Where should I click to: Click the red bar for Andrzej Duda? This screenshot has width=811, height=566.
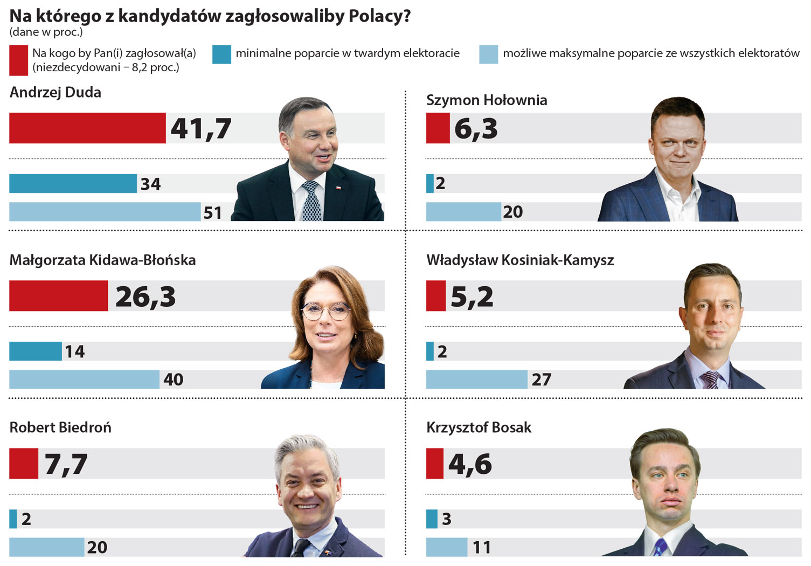87,128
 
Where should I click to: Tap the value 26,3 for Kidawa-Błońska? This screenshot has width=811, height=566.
145,296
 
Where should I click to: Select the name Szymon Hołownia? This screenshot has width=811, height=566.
486,100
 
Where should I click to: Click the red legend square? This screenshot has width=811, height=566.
18,60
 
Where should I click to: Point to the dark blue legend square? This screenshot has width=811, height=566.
221,54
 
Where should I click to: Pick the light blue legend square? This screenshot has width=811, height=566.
488,54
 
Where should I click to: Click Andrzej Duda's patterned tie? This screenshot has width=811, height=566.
311,202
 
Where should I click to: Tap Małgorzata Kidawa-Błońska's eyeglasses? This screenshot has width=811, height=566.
325,311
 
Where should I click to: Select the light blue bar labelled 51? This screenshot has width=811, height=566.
105,212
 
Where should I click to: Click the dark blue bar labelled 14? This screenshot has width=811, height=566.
36,351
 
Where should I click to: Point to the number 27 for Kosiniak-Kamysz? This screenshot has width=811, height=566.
542,380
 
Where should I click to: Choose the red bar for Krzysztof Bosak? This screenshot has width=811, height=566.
434,464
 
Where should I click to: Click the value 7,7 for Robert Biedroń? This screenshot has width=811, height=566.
66,464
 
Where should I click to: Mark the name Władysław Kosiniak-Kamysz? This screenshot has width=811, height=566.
520,260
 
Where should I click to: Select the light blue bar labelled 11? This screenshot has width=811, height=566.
447,547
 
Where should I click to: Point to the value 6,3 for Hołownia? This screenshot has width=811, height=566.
476,129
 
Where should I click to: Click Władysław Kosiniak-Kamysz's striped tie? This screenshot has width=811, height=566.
711,380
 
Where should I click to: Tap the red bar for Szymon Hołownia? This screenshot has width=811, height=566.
438,128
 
